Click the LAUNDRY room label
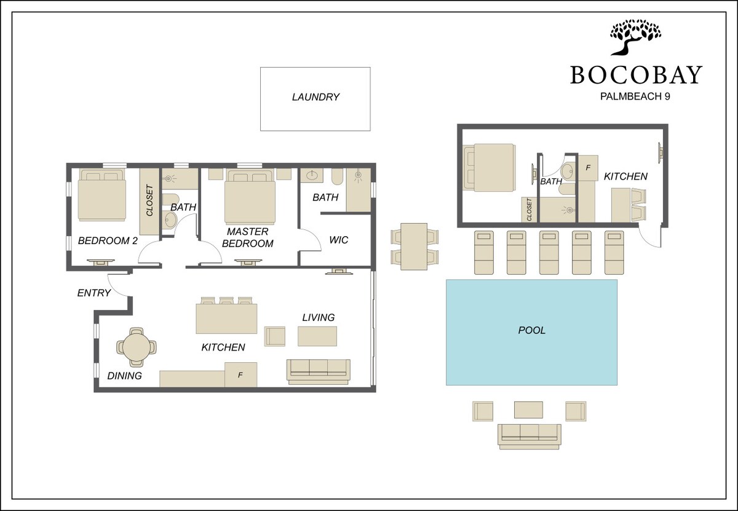[x=315, y=97]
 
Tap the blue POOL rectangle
[x=531, y=332]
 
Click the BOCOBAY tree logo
[x=635, y=37]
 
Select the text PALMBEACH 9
[x=635, y=96]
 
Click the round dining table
[x=137, y=347]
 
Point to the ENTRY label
[x=94, y=293]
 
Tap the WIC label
[x=339, y=240]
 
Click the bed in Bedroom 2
[x=102, y=195]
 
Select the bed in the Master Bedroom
[x=250, y=197]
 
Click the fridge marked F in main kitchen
[x=241, y=374]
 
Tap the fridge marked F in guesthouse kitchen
[x=588, y=168]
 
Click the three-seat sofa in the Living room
[x=319, y=371]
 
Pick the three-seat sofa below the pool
[x=529, y=437]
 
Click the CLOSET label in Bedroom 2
[x=149, y=200]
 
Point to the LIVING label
[x=319, y=317]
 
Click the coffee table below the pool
[x=528, y=410]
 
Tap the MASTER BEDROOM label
[x=247, y=237]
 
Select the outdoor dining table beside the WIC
[x=414, y=247]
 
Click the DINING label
[x=124, y=376]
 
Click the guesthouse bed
[x=490, y=167]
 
